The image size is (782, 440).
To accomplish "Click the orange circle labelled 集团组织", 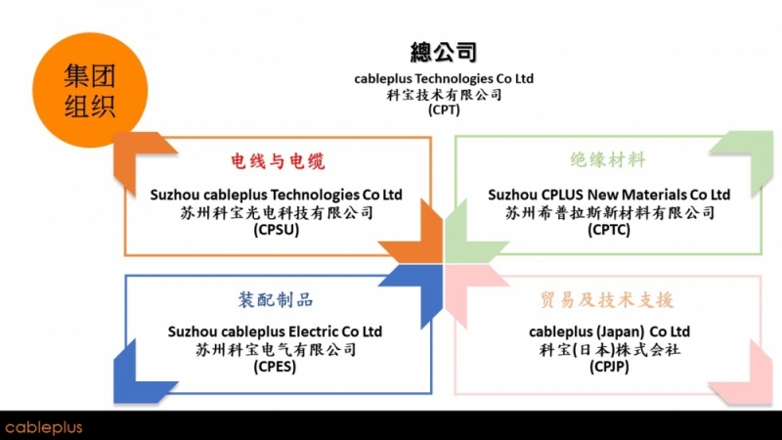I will click(89, 90).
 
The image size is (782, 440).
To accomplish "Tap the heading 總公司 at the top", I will click(444, 53).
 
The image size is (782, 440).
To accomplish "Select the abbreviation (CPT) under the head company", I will click(444, 110).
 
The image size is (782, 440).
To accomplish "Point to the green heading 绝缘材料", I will click(608, 161).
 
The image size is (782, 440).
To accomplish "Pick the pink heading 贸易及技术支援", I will click(608, 299).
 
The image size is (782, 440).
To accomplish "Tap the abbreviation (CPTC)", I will click(609, 230).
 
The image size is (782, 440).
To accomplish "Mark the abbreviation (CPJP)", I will click(609, 367).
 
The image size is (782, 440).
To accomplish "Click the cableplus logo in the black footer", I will click(44, 427).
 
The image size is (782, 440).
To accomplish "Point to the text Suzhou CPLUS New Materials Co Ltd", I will click(609, 195).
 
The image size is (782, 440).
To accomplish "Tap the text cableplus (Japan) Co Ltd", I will click(609, 331).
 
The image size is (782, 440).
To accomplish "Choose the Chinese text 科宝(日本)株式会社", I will click(609, 349).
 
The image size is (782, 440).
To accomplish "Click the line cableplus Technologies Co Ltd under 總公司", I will click(444, 78).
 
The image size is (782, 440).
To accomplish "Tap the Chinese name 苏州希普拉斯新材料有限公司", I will click(609, 212).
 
